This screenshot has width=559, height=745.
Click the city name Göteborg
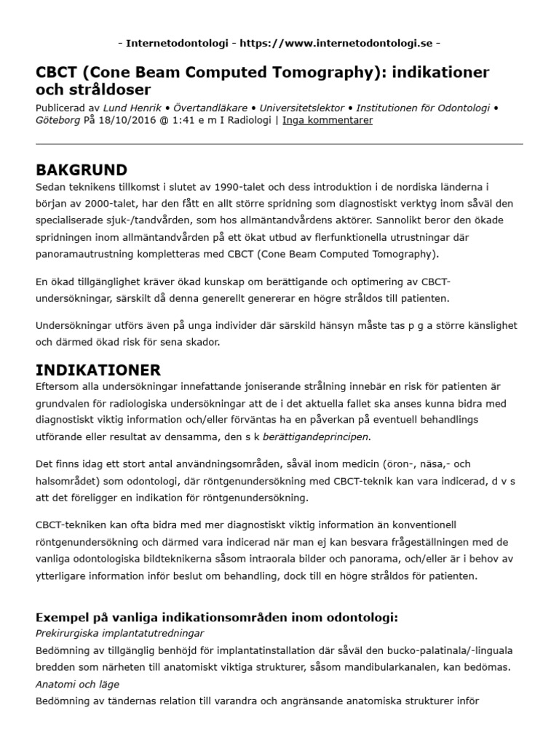(58, 120)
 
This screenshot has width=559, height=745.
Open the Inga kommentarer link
(327, 120)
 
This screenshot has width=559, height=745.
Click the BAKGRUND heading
(82, 170)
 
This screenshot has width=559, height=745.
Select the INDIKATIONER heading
(98, 370)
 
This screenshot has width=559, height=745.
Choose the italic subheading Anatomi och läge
(77, 684)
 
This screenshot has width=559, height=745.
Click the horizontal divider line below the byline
(279, 144)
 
